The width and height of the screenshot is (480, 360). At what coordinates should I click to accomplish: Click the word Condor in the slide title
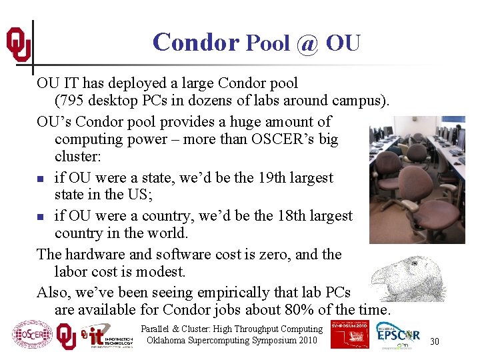(x=195, y=42)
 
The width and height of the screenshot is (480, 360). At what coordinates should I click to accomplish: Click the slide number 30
(x=434, y=341)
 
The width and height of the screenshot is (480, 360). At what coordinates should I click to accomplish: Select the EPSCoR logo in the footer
(x=399, y=335)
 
